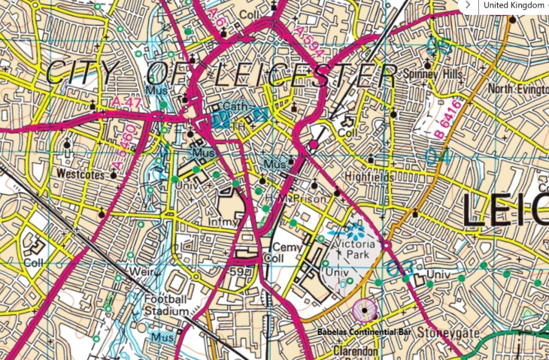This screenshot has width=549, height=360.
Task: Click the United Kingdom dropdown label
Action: pos(514,5)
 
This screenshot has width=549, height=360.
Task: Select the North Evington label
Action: pos(517,89)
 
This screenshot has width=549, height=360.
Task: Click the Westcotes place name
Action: pos(80,172)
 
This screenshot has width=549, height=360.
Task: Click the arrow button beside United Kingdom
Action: pos(468,5)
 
